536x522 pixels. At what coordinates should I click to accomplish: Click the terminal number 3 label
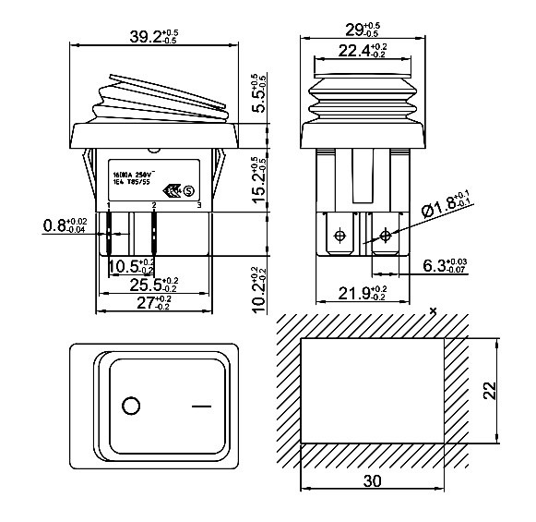(199, 204)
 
